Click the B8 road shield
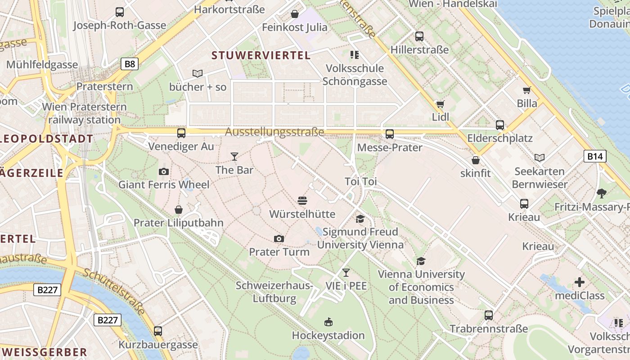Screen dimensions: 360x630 point(130,64)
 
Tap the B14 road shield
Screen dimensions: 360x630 point(595,156)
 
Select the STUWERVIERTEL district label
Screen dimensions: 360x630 point(261,55)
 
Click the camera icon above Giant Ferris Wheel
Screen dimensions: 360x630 point(164,171)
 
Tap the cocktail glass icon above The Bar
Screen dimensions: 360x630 point(234,157)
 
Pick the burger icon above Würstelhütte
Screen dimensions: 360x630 point(302,201)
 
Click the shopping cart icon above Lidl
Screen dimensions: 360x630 point(440,104)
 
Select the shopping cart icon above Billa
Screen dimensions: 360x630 point(527,90)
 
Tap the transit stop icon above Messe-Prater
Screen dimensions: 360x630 point(390,134)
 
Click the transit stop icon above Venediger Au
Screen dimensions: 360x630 point(181,133)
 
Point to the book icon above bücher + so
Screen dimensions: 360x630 point(198,73)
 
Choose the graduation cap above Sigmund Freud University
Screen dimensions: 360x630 point(360,219)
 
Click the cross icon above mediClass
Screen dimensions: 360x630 point(580,282)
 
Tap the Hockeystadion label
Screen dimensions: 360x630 point(328,335)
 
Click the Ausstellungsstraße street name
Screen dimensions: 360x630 point(274,132)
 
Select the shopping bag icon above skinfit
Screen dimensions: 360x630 point(476,160)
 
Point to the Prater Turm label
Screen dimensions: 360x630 point(279,252)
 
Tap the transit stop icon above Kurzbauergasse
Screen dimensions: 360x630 point(158,331)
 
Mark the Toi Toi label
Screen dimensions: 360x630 point(360,182)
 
